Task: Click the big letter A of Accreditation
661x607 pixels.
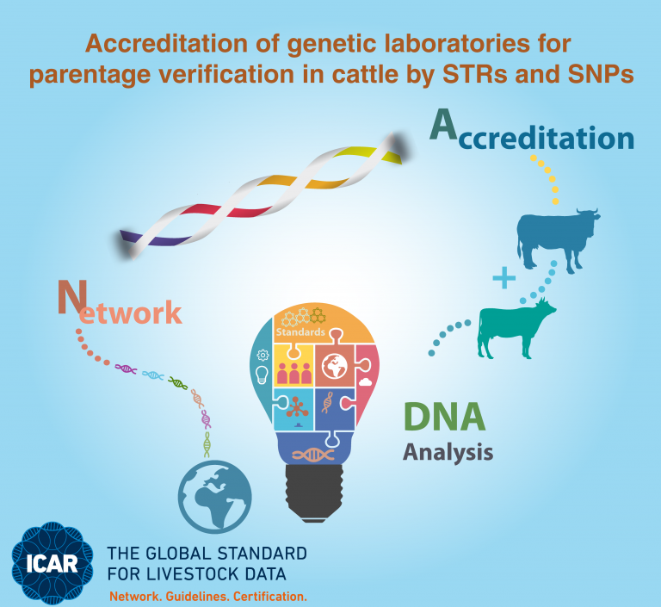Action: pyautogui.click(x=443, y=125)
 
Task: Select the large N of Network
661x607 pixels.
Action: pyautogui.click(x=72, y=297)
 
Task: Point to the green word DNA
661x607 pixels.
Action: pyautogui.click(x=444, y=417)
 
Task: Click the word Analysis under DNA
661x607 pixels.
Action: pyautogui.click(x=448, y=453)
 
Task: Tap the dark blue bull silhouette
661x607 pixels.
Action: pyautogui.click(x=558, y=239)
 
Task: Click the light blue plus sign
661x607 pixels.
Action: pyautogui.click(x=504, y=278)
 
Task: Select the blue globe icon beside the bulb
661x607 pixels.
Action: pyautogui.click(x=214, y=497)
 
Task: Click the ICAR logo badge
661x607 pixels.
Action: pyautogui.click(x=53, y=564)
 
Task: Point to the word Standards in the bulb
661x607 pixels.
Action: pyautogui.click(x=300, y=332)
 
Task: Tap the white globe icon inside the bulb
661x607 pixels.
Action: pyautogui.click(x=335, y=366)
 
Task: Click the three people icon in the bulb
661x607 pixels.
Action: pyautogui.click(x=293, y=374)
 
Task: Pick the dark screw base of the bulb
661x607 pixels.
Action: pyautogui.click(x=314, y=492)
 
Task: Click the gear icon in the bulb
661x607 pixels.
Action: pyautogui.click(x=263, y=356)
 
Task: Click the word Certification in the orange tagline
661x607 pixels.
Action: pyautogui.click(x=269, y=597)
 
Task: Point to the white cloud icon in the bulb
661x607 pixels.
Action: pyautogui.click(x=365, y=382)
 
